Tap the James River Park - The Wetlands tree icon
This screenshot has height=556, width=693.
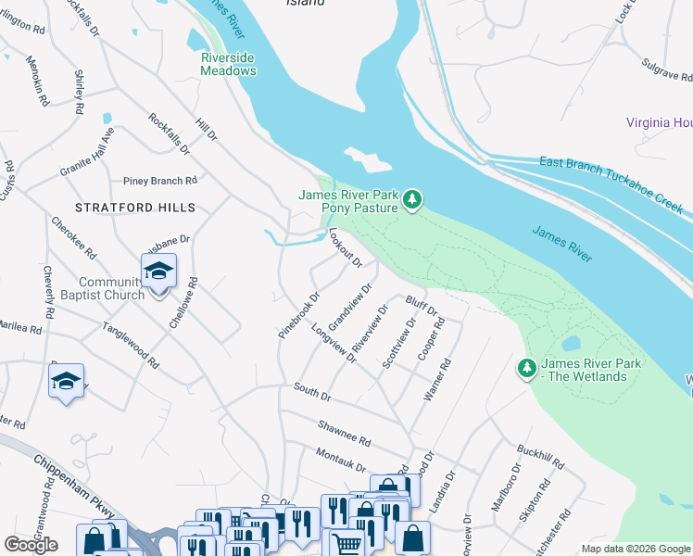(x=527, y=369)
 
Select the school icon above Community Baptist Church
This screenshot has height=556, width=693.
(x=158, y=271)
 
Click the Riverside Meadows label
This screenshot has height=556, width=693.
(x=229, y=63)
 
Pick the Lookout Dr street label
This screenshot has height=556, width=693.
(x=344, y=249)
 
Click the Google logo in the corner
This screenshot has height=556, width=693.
(x=31, y=544)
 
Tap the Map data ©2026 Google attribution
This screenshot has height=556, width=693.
(x=635, y=549)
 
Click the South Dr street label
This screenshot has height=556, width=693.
(x=312, y=390)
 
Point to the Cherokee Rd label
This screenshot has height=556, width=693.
(x=74, y=236)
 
